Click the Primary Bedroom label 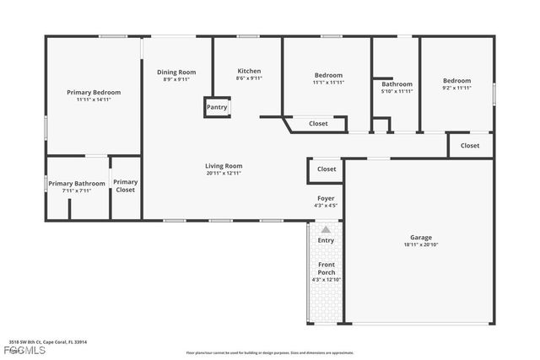pyautogui.click(x=94, y=92)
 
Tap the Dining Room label pyautogui.click(x=176, y=73)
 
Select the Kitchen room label pyautogui.click(x=249, y=71)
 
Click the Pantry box pyautogui.click(x=217, y=108)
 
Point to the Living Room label pyautogui.click(x=224, y=166)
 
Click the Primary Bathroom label pyautogui.click(x=77, y=183)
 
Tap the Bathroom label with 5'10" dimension pyautogui.click(x=397, y=84)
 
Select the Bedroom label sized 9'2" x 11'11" pyautogui.click(x=456, y=81)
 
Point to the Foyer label pyautogui.click(x=326, y=198)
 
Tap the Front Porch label pyautogui.click(x=326, y=268)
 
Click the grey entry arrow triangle pyautogui.click(x=326, y=228)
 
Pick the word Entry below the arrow pyautogui.click(x=326, y=240)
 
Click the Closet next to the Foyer pyautogui.click(x=327, y=169)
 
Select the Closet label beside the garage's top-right pyautogui.click(x=470, y=146)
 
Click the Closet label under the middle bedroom pyautogui.click(x=318, y=124)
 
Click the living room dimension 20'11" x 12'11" pyautogui.click(x=224, y=174)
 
